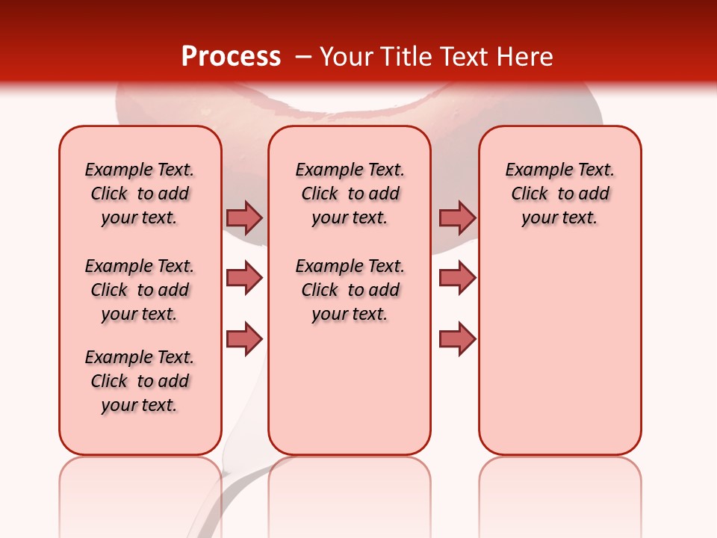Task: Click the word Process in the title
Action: pos(231,57)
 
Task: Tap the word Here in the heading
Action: pos(526,57)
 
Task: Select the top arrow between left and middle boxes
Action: pos(244,217)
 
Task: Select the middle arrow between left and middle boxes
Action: pos(244,278)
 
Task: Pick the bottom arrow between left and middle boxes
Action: pos(244,339)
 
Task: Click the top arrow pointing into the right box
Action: pos(457,217)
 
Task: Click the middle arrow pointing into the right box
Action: pos(457,278)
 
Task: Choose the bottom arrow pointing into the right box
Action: pos(457,339)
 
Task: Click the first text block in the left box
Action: pos(140,194)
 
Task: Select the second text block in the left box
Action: pos(140,290)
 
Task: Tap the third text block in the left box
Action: pos(140,381)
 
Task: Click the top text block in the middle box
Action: pos(350,194)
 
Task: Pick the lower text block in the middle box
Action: pos(350,290)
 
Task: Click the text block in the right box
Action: pos(559,194)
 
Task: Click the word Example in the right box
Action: pos(533,170)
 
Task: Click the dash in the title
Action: pos(303,57)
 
